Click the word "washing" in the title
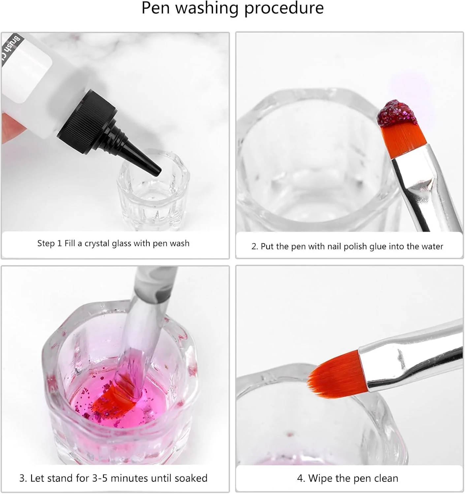(x=207, y=8)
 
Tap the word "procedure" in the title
(x=284, y=8)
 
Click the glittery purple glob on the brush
(x=397, y=113)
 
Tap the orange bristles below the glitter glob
(x=402, y=140)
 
